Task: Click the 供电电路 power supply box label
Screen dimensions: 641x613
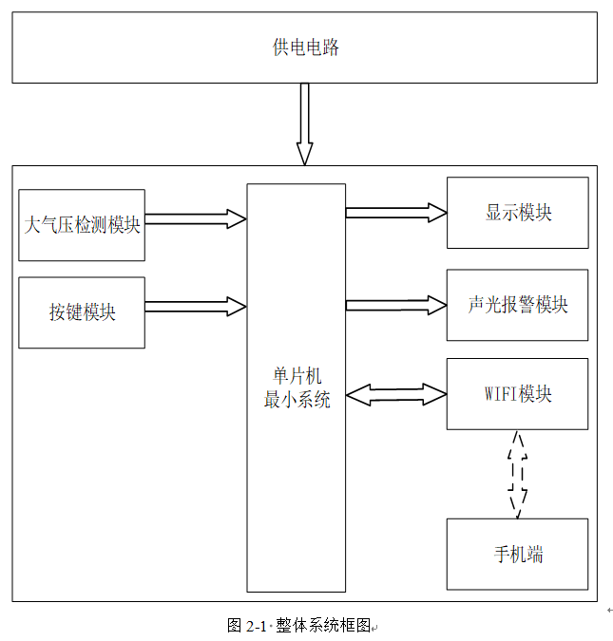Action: pos(305,47)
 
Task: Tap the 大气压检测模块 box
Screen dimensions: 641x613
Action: pos(82,225)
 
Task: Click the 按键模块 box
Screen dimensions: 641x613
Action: pos(82,312)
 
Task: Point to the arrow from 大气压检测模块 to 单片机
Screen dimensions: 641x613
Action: pos(195,219)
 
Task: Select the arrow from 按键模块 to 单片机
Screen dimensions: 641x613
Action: pos(195,307)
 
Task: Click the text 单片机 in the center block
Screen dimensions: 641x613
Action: pos(296,377)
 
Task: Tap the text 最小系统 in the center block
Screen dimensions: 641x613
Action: pos(297,400)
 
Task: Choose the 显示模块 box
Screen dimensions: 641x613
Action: pos(518,213)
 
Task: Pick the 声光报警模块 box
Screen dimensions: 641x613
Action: pos(518,305)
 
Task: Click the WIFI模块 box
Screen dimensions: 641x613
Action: pos(518,393)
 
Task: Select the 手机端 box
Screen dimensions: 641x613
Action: pos(518,555)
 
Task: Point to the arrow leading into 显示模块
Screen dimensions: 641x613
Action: pos(395,213)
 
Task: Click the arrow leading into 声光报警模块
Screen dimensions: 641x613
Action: pos(395,305)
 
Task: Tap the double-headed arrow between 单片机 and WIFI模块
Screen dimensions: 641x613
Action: pos(395,393)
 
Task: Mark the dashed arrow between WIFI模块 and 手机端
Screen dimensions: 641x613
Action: pos(518,474)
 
